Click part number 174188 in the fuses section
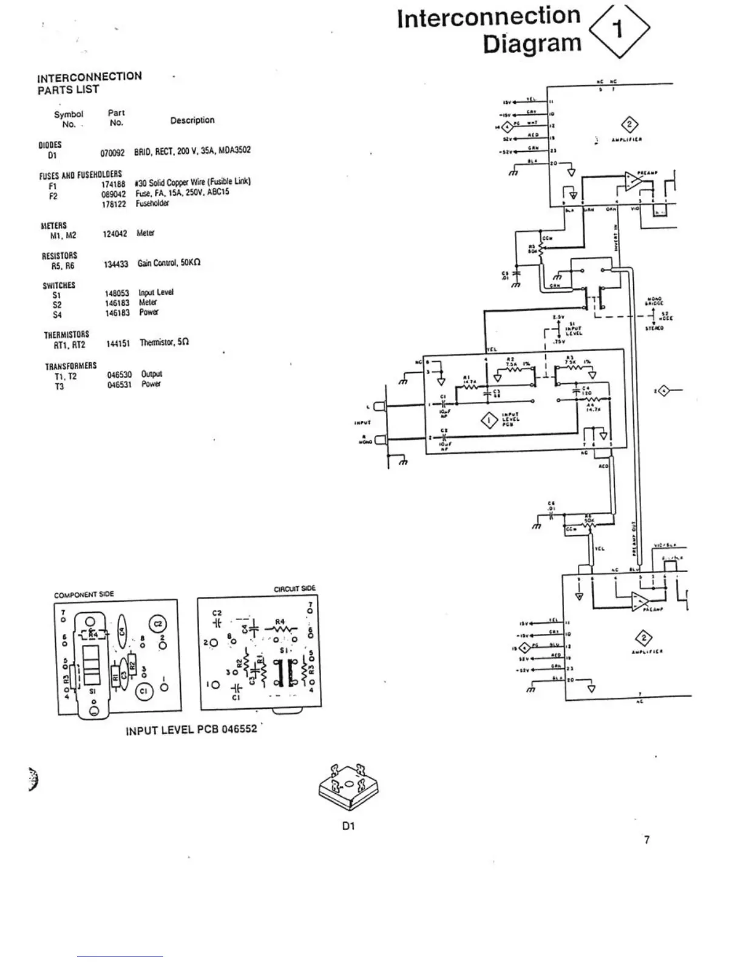[x=114, y=183]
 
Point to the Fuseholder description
[x=152, y=204]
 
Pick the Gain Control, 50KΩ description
[x=169, y=263]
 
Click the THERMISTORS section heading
[x=66, y=335]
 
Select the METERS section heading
[x=53, y=225]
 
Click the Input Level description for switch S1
[x=156, y=292]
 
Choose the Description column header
[x=192, y=120]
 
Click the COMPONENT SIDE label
[x=84, y=595]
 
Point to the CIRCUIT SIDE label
[x=295, y=588]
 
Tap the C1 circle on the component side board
[x=144, y=691]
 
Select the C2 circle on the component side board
[x=157, y=624]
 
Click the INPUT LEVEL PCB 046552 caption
[x=191, y=730]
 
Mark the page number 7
[x=647, y=840]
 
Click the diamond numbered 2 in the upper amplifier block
[x=631, y=125]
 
